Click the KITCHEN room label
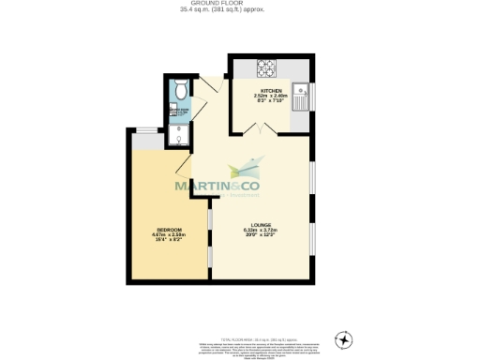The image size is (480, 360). [x=272, y=90]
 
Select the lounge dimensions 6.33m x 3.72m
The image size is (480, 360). [x=262, y=231]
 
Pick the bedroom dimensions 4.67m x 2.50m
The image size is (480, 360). [x=170, y=236]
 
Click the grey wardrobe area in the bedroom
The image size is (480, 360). [x=146, y=141]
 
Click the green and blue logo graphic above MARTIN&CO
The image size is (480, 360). [x=246, y=171]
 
